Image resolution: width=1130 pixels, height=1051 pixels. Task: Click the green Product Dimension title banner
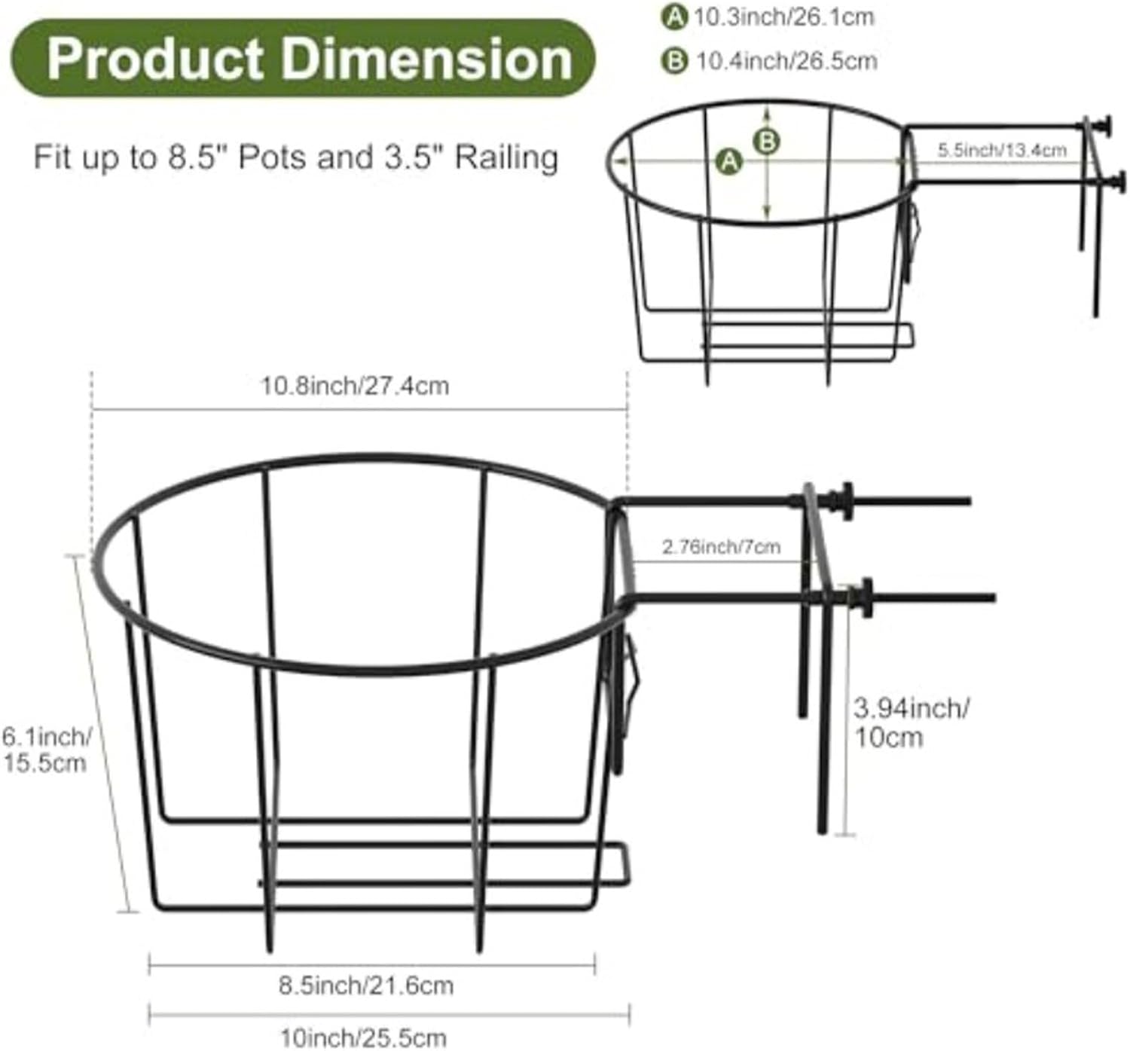pyautogui.click(x=303, y=59)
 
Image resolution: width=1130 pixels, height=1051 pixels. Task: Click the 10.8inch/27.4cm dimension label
pyautogui.click(x=355, y=386)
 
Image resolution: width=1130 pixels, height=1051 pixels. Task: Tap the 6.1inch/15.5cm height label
pyautogui.click(x=45, y=749)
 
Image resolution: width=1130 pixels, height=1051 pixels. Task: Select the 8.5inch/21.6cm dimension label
pyautogui.click(x=366, y=985)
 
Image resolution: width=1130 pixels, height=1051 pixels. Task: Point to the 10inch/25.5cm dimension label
pyautogui.click(x=363, y=1037)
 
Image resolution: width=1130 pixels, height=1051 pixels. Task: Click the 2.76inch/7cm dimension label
pyautogui.click(x=721, y=546)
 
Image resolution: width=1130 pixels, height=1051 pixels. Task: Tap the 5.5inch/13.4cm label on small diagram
pyautogui.click(x=1001, y=150)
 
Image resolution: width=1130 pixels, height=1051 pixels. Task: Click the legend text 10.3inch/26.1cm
pyautogui.click(x=783, y=17)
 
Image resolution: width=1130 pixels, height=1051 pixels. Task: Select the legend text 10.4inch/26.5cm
pyautogui.click(x=786, y=60)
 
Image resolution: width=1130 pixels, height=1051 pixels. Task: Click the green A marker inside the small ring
pyautogui.click(x=728, y=161)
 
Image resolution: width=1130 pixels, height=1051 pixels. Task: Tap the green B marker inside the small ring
pyautogui.click(x=767, y=141)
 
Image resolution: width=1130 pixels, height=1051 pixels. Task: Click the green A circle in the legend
pyautogui.click(x=673, y=17)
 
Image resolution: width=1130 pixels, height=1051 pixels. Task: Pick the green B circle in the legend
pyautogui.click(x=673, y=60)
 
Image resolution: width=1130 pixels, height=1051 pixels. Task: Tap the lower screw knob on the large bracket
pyautogui.click(x=864, y=597)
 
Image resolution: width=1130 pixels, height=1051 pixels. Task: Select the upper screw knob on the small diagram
pyautogui.click(x=1107, y=126)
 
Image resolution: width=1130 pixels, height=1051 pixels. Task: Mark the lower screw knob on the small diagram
pyautogui.click(x=1120, y=182)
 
